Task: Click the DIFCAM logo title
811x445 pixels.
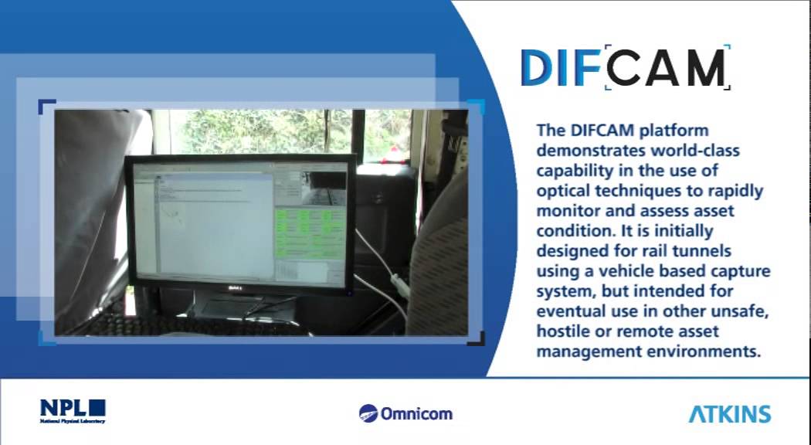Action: (x=624, y=68)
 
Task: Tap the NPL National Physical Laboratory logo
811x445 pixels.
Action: (x=73, y=411)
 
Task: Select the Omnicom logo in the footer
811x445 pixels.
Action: (x=406, y=413)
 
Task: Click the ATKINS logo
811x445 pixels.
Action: (x=730, y=413)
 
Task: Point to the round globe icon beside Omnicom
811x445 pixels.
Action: (x=368, y=413)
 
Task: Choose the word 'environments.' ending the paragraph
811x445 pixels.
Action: (x=712, y=352)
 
